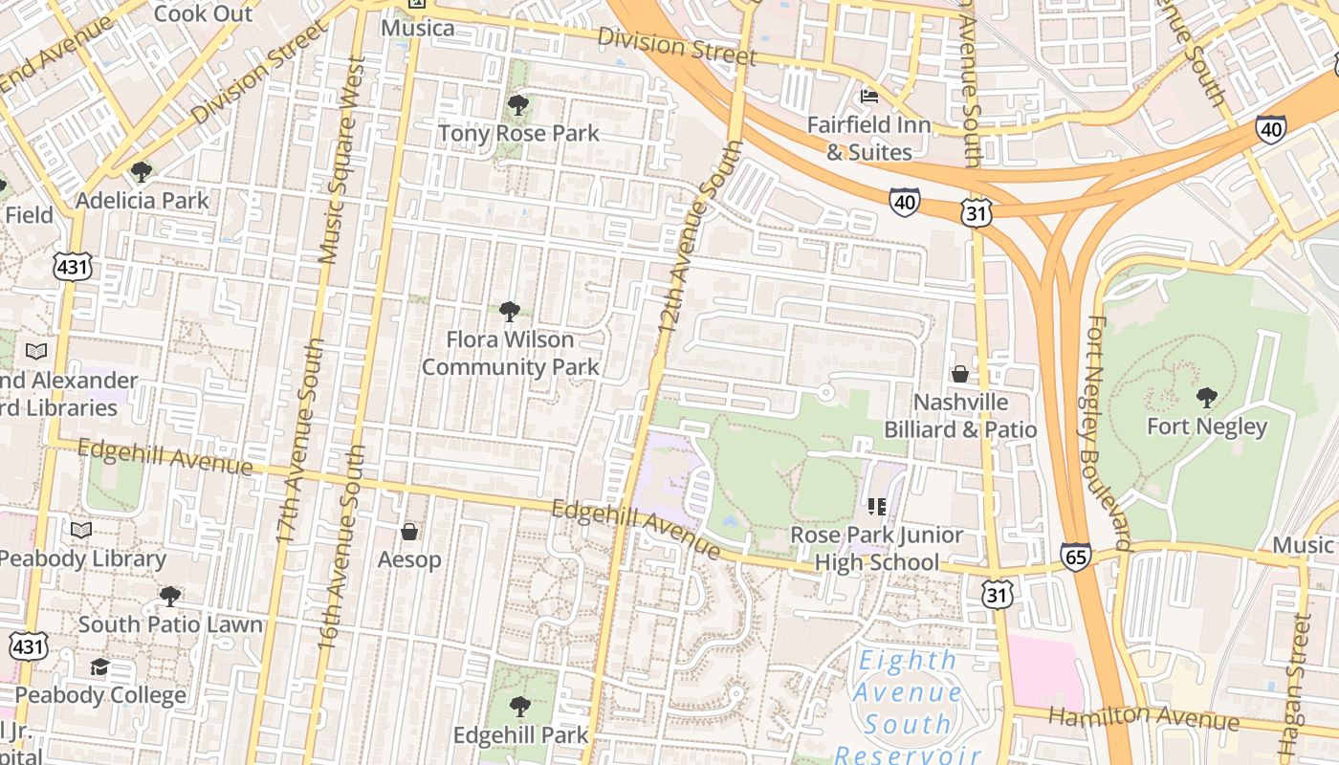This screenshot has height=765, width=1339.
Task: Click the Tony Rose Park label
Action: [518, 133]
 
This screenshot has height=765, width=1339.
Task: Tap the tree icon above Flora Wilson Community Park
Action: [510, 311]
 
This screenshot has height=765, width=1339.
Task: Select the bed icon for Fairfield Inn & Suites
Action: [869, 96]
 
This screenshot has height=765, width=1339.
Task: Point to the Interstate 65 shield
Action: [1076, 556]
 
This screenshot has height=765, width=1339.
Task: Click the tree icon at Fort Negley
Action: [1207, 397]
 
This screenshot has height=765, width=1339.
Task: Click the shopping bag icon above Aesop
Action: [409, 531]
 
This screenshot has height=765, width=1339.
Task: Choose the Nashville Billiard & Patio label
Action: [960, 416]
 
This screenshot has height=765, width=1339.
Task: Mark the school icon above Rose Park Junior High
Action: [877, 507]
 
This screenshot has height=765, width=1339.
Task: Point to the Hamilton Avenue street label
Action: [1144, 718]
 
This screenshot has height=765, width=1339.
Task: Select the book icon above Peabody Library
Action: [81, 530]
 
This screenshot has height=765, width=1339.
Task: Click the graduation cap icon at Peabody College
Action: [99, 667]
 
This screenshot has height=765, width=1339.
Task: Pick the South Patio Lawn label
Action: [170, 624]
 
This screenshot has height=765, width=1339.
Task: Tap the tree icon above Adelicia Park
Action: [142, 172]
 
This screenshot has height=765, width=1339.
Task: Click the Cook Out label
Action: [203, 13]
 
